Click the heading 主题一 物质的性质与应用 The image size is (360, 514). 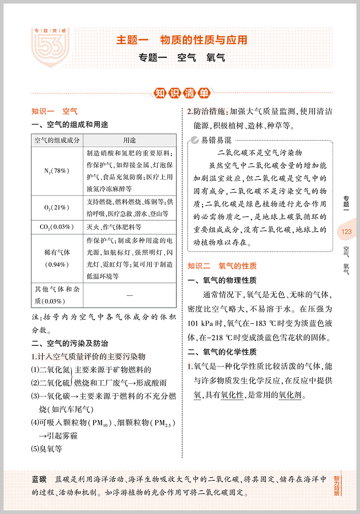click(x=181, y=40)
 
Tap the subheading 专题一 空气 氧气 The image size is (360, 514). click(x=181, y=58)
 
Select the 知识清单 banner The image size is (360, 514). click(x=181, y=94)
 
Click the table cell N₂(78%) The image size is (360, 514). click(x=57, y=171)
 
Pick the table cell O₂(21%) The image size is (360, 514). click(x=57, y=207)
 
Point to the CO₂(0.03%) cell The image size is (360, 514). click(x=57, y=227)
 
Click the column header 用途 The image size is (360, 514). click(x=130, y=140)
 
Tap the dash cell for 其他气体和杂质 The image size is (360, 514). click(x=130, y=295)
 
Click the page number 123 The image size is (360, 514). click(x=346, y=232)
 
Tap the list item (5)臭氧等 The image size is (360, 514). click(x=47, y=448)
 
